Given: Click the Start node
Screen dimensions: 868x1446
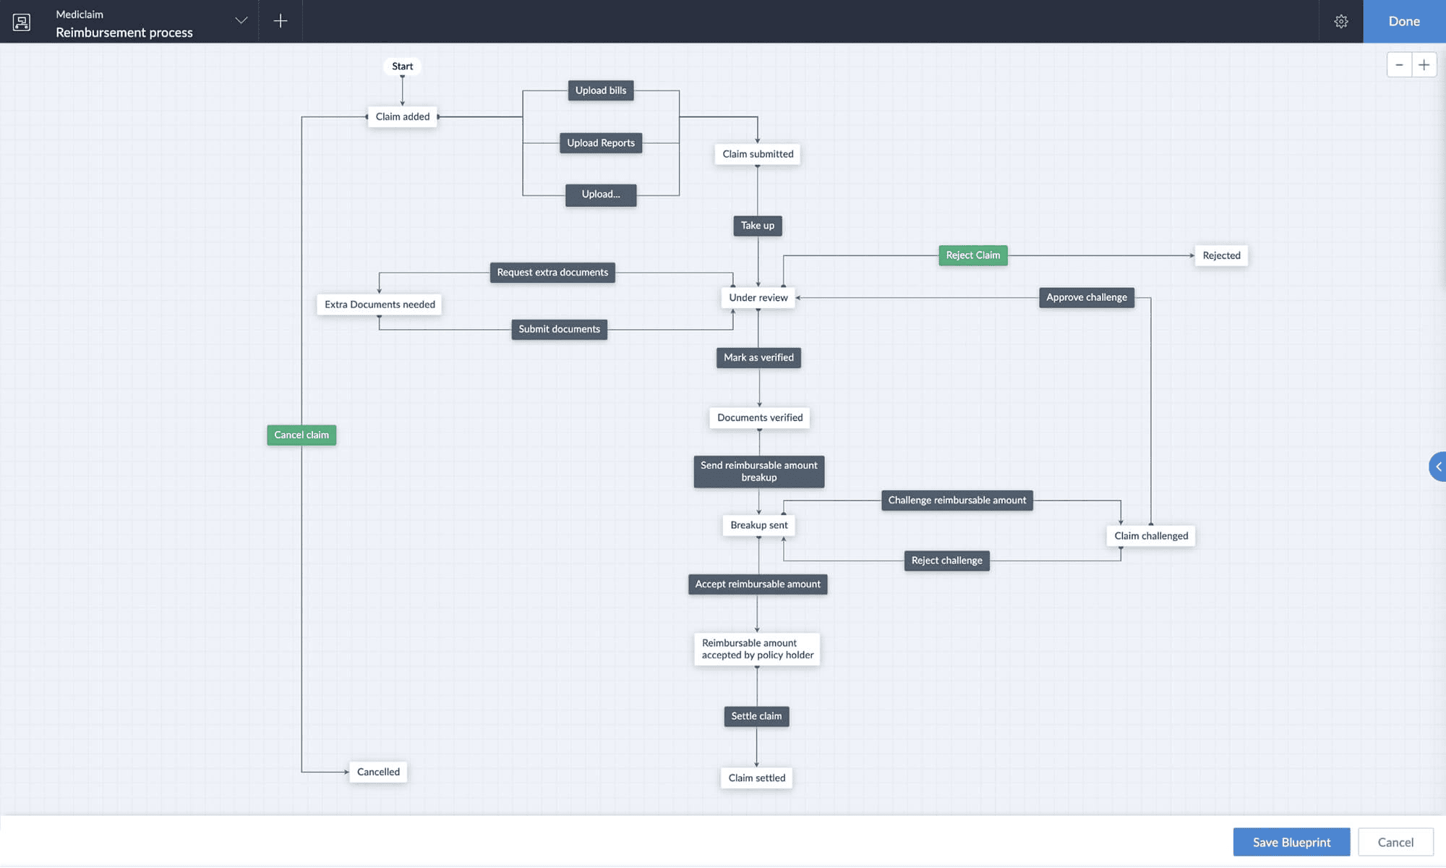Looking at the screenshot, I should point(402,66).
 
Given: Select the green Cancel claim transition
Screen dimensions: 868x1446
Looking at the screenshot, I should point(301,435).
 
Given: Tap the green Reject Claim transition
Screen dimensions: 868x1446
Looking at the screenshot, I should point(972,255).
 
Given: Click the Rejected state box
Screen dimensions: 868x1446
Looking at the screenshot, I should point(1220,255).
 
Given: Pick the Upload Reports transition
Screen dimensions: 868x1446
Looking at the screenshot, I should point(600,143).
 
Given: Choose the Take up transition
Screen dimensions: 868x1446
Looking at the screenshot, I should point(757,226).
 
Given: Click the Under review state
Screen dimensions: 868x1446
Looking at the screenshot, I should point(758,297).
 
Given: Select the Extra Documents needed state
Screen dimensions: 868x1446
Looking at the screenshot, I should point(380,305).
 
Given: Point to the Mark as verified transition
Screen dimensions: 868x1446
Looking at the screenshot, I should point(758,357).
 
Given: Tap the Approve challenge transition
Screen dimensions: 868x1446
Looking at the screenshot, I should point(1086,297).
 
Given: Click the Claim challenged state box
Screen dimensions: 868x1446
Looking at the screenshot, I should point(1150,536).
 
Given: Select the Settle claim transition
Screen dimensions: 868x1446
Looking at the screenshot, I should point(756,716).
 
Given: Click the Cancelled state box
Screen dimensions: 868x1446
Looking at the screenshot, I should point(378,772).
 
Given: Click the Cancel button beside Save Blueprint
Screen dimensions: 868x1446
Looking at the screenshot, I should point(1395,842).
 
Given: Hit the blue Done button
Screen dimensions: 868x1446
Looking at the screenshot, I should point(1403,22).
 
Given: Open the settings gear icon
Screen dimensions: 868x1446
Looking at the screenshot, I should point(1340,22).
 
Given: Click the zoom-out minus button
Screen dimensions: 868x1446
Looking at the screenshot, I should point(1399,65).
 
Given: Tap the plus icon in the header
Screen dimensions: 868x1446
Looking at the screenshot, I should point(281,21).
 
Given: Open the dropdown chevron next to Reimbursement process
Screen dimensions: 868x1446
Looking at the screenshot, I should point(241,20).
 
